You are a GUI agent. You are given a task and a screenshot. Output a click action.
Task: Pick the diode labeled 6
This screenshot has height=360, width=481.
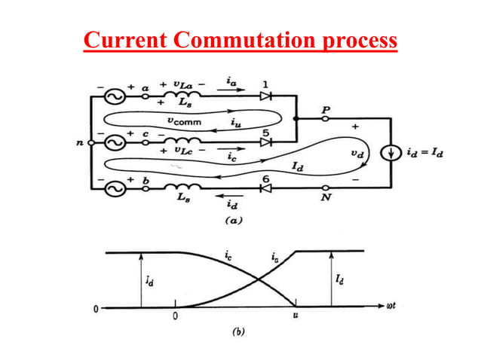point(265,188)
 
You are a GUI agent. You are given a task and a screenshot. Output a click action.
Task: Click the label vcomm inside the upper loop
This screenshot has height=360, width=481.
point(182,120)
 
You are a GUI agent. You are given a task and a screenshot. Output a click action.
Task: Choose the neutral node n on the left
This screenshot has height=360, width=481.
point(90,142)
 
